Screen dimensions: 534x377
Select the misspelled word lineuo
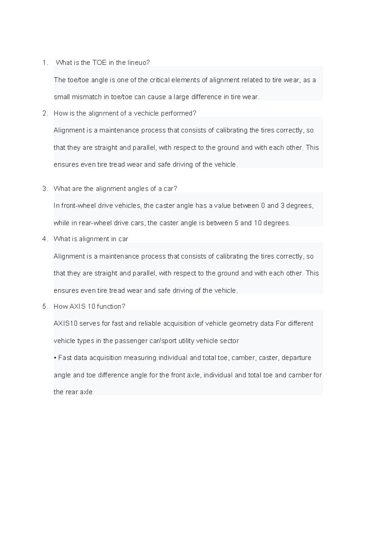click(136, 63)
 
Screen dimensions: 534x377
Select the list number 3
click(44, 189)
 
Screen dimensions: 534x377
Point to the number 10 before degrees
click(258, 223)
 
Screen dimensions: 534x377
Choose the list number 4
click(44, 239)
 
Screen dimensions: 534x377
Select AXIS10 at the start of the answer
click(65, 323)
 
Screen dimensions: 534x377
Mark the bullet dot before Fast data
click(55, 358)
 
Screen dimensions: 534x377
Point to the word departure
click(296, 358)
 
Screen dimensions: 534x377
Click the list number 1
click(44, 63)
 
